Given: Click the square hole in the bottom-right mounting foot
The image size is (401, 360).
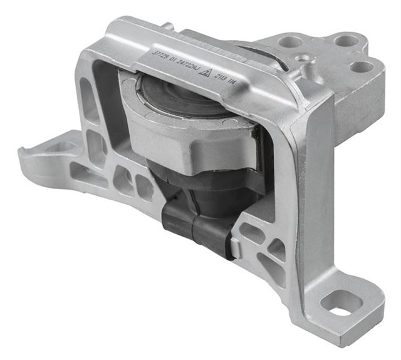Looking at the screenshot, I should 340,304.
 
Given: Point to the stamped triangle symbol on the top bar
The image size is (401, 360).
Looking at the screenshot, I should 204,71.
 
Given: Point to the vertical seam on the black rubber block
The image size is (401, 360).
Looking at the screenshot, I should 192,229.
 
